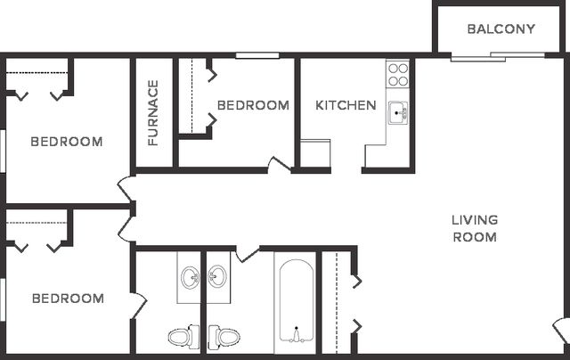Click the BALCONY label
coord(501,29)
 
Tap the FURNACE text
coord(153,113)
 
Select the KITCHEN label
coord(346,105)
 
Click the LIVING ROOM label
coord(475,228)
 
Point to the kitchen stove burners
coord(398,75)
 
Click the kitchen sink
coord(398,113)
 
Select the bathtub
coord(297,301)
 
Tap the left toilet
coord(183,337)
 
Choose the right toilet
coord(224,337)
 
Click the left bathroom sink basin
coord(191,278)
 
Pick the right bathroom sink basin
coord(217,277)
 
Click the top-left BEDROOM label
coord(67,142)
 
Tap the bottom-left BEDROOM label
coord(68,299)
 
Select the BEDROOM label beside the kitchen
coord(253,105)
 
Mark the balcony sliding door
coord(498,56)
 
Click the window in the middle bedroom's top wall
coord(257,55)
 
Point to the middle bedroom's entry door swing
coord(279,164)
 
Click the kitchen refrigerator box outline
coord(315,153)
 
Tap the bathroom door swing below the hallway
coord(248,253)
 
